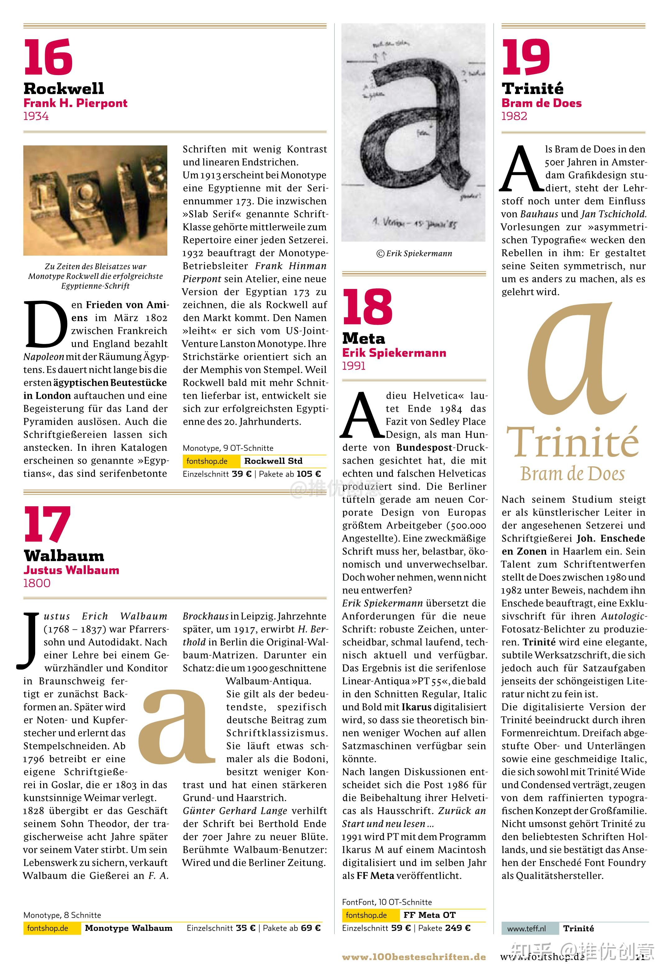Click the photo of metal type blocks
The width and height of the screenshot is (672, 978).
coord(95,200)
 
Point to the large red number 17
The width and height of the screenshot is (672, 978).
coord(47,525)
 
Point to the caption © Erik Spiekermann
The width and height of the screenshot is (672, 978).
coord(414,253)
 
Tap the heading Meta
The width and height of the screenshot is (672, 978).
coord(364,338)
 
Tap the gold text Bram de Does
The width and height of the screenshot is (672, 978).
coord(572,474)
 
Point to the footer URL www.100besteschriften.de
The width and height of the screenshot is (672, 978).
coord(414,957)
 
